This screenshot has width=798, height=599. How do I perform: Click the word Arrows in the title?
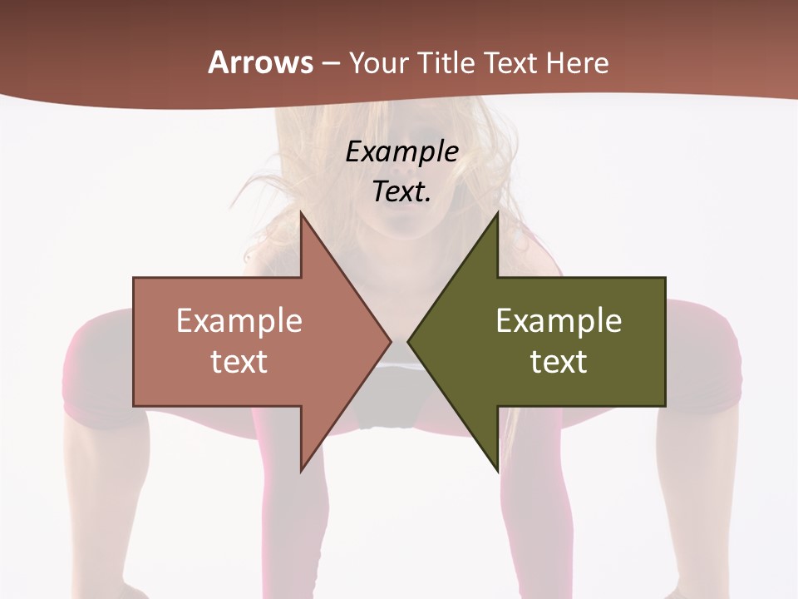point(260,62)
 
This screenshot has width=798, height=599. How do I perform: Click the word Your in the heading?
point(378,63)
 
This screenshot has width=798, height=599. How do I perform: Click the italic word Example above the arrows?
point(401,151)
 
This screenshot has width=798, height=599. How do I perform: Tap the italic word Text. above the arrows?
point(401,191)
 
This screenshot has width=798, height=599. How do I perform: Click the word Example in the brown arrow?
point(239,320)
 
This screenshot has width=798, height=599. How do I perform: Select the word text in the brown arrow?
point(239,362)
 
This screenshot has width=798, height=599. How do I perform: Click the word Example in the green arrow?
point(559,320)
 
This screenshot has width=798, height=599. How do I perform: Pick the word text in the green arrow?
point(559,362)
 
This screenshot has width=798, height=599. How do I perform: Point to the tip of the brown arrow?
point(390,341)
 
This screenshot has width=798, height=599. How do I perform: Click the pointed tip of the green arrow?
point(409,341)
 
